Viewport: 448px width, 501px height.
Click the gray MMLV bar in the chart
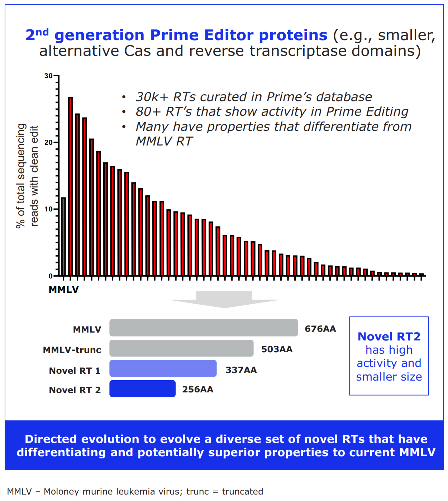coord(63,237)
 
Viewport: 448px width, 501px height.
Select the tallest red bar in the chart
coord(70,186)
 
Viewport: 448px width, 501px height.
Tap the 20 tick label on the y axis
coord(48,143)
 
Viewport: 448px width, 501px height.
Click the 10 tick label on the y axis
coord(48,209)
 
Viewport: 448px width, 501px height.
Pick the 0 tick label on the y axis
coord(51,276)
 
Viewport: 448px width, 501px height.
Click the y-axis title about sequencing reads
coord(27,176)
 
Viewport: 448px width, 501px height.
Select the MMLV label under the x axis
coord(63,290)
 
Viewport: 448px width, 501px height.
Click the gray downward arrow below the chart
coord(224,300)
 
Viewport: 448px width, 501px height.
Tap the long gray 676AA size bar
coord(204,328)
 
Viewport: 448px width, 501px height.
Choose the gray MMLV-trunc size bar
coord(181,348)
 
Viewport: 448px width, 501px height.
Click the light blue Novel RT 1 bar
coord(163,368)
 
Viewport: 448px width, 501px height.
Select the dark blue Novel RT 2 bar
coord(142,389)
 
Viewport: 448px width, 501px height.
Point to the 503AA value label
coord(277,349)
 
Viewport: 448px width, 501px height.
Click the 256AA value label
coord(197,390)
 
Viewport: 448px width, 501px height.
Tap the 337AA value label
coord(241,370)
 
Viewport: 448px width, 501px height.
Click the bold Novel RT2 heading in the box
coord(389,337)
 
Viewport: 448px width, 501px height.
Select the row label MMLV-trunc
coord(72,350)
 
